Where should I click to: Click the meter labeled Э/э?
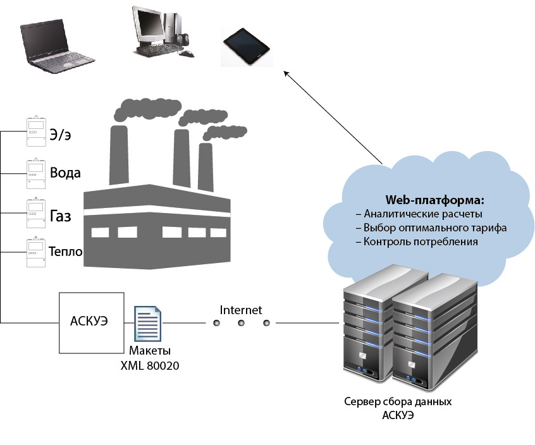pos(35,131)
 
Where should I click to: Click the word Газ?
pos(60,217)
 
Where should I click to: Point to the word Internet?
pos(240,310)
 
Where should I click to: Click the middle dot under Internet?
pos(241,323)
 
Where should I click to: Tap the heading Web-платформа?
pos(435,200)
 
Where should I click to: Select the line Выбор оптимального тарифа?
pos(435,228)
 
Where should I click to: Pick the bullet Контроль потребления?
pos(421,241)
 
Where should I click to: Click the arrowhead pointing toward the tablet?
pos(286,73)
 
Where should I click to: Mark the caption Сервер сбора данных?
pos(398,402)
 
